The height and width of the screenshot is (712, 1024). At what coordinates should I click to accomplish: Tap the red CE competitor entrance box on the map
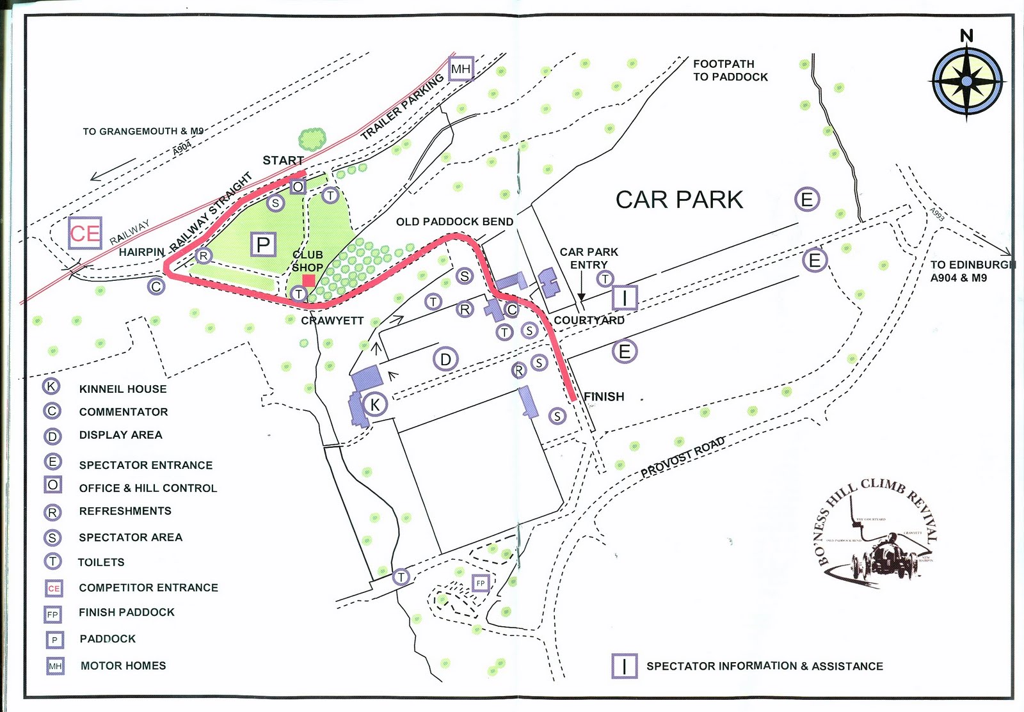[85, 233]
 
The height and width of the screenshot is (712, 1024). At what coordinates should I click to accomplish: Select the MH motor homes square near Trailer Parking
[461, 68]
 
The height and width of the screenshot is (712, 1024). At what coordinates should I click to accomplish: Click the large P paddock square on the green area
[263, 244]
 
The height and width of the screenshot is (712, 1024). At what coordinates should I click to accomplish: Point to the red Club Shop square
[308, 280]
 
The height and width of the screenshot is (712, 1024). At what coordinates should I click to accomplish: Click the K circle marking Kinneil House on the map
[375, 404]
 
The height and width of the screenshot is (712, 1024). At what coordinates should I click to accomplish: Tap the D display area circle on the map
[445, 360]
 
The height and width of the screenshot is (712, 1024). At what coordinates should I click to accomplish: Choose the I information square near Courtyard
[625, 297]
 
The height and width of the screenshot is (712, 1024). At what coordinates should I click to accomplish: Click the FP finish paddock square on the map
[481, 583]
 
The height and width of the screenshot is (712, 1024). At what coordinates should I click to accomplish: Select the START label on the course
[283, 161]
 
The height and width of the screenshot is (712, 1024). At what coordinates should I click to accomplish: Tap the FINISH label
[604, 397]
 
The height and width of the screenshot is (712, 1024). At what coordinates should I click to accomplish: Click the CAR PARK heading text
[679, 200]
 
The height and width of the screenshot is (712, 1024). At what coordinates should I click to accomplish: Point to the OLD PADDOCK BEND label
[454, 222]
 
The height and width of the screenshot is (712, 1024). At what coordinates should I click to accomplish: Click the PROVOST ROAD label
[683, 456]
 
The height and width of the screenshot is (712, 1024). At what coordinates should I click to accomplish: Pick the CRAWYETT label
[332, 320]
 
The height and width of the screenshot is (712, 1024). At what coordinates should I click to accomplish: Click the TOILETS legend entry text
[101, 562]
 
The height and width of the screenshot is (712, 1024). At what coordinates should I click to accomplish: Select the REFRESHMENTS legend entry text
[125, 511]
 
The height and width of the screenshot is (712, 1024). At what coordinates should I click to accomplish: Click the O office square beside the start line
[298, 187]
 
